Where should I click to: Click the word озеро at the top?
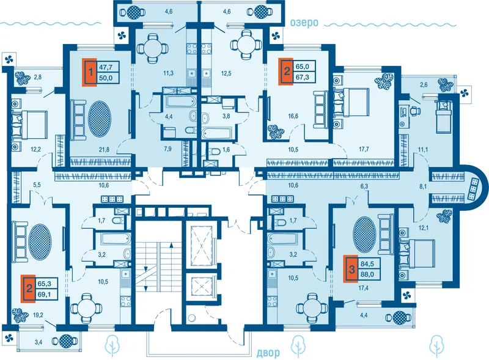pyautogui.click(x=304, y=23)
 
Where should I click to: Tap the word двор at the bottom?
pyautogui.click(x=268, y=353)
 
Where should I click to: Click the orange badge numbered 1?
pyautogui.click(x=90, y=72)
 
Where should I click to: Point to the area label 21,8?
pyautogui.click(x=104, y=150)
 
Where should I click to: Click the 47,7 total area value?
pyautogui.click(x=105, y=67)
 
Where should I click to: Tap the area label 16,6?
pyautogui.click(x=293, y=116)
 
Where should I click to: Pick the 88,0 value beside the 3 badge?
pyautogui.click(x=367, y=275)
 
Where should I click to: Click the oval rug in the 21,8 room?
pyautogui.click(x=100, y=118)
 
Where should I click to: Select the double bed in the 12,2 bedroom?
pyautogui.click(x=29, y=125)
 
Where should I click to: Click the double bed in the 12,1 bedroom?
pyautogui.click(x=417, y=253)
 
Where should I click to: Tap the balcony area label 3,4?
pyautogui.click(x=39, y=342)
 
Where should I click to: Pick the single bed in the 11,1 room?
pyautogui.click(x=443, y=116)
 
